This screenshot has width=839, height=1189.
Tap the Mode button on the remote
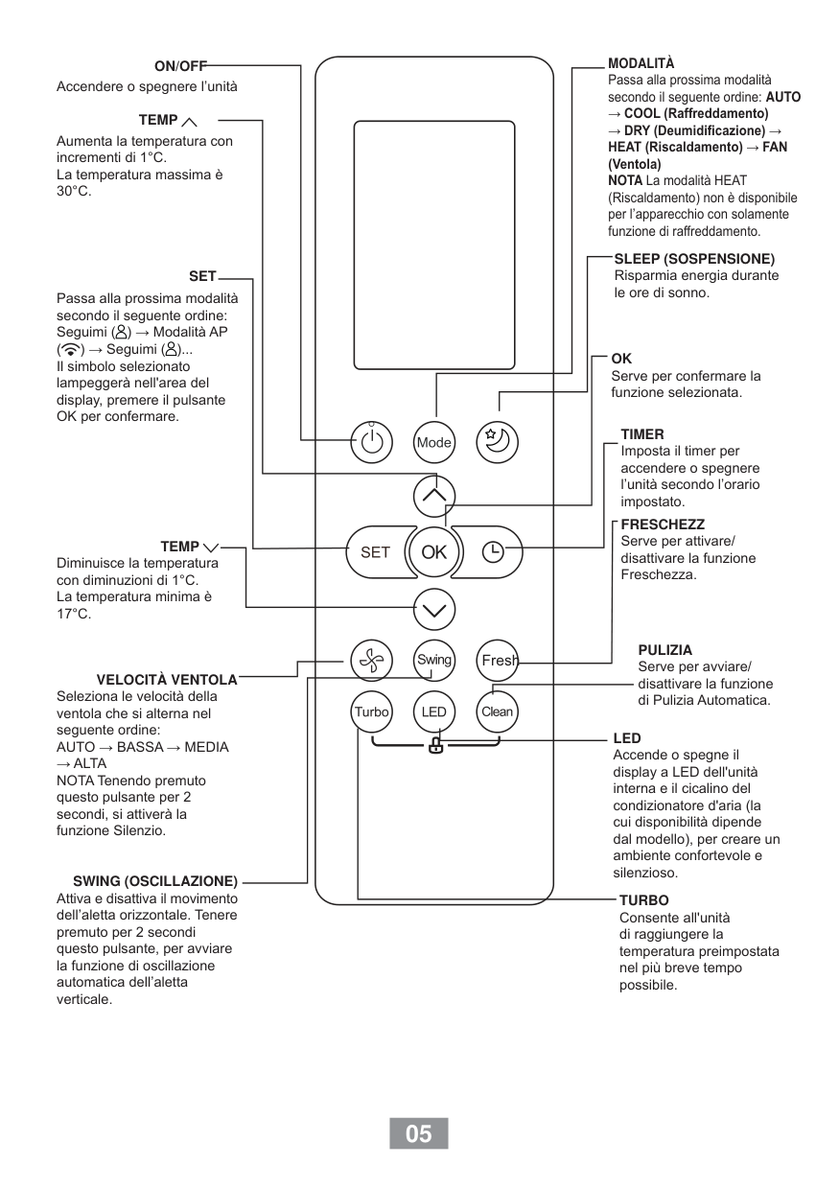(433, 442)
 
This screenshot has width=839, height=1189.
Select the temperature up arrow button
(434, 496)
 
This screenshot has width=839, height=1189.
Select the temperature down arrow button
(434, 608)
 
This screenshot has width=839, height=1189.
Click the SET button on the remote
(375, 551)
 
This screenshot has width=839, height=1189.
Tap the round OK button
(434, 551)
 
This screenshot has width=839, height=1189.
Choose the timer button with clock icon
(493, 551)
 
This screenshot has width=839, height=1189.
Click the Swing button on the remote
(433, 660)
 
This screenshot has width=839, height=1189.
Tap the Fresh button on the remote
(498, 660)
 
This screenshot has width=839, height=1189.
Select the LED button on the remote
(433, 711)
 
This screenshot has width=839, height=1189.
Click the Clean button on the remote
(497, 711)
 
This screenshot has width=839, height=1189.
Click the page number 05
(419, 1133)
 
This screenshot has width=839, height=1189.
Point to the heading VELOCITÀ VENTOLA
(167, 680)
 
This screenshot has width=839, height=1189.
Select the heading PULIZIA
(664, 650)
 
